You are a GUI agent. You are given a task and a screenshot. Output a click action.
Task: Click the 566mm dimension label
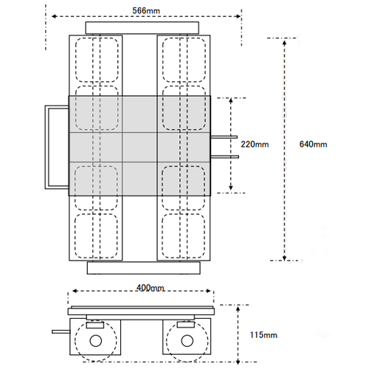pyautogui.click(x=146, y=10)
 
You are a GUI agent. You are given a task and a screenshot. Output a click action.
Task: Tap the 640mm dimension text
pyautogui.click(x=313, y=144)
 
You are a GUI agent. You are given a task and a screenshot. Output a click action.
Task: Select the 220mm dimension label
pyautogui.click(x=255, y=144)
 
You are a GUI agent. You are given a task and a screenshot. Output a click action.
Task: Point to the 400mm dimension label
pyautogui.click(x=151, y=288)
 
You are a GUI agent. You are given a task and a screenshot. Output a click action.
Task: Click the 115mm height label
pyautogui.click(x=263, y=335)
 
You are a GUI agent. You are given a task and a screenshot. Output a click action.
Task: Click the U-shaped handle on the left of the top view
pyautogui.click(x=46, y=147)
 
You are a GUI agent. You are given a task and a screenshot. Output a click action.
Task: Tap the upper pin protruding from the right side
pyautogui.click(x=224, y=137)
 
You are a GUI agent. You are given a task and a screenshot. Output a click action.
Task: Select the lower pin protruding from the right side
pyautogui.click(x=224, y=156)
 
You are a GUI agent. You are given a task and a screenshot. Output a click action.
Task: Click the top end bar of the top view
pyautogui.click(x=142, y=28)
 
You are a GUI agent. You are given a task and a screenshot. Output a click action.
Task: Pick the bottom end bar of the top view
pyautogui.click(x=144, y=268)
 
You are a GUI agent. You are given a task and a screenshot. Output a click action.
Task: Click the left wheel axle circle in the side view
pyautogui.click(x=96, y=341)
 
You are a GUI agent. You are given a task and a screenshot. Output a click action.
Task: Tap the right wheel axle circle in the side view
pyautogui.click(x=187, y=341)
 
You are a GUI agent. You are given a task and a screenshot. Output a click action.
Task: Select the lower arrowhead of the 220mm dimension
pyautogui.click(x=230, y=187)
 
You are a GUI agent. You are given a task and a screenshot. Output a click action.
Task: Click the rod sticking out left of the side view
pyautogui.click(x=61, y=332)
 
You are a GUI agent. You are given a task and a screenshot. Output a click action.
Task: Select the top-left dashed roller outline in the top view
pyautogui.click(x=97, y=60)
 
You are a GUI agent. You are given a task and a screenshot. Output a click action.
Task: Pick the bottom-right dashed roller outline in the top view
pyautogui.click(x=183, y=235)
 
